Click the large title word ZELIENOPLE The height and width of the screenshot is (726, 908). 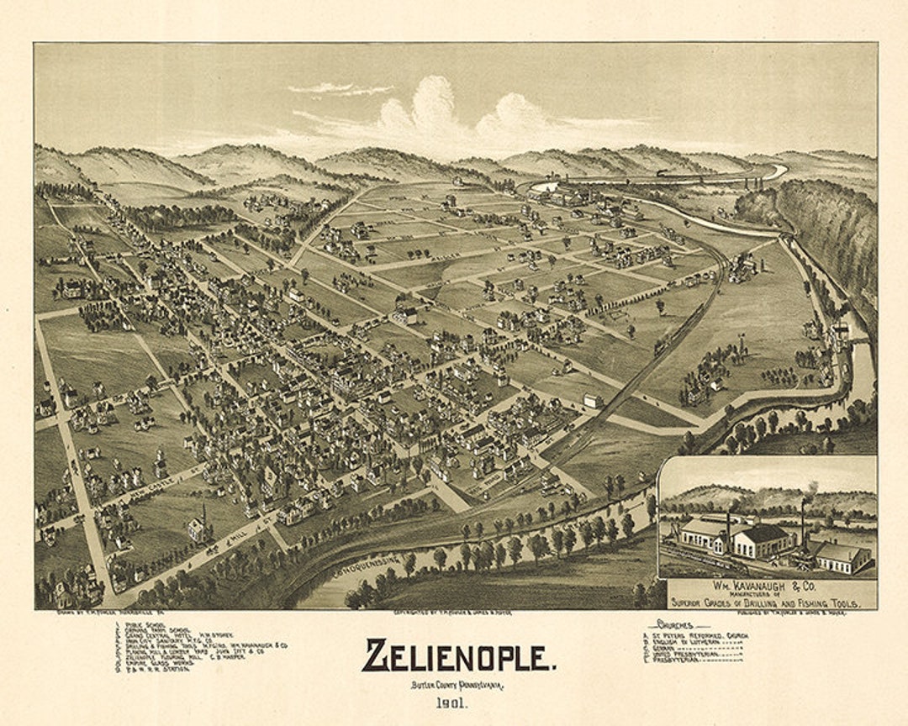(x=458, y=656)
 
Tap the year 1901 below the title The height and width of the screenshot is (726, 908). (x=457, y=703)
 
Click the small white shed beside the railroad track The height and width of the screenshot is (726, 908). (x=594, y=401)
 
